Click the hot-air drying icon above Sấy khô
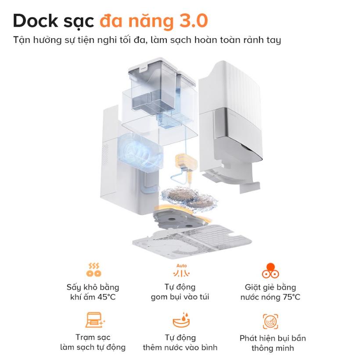click(93, 270)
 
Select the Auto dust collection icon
click(181, 272)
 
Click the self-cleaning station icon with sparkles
click(94, 321)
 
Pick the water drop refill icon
click(181, 320)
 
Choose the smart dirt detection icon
click(270, 321)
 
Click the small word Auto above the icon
click(181, 266)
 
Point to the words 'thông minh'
click(273, 348)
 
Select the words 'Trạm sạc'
click(93, 338)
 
